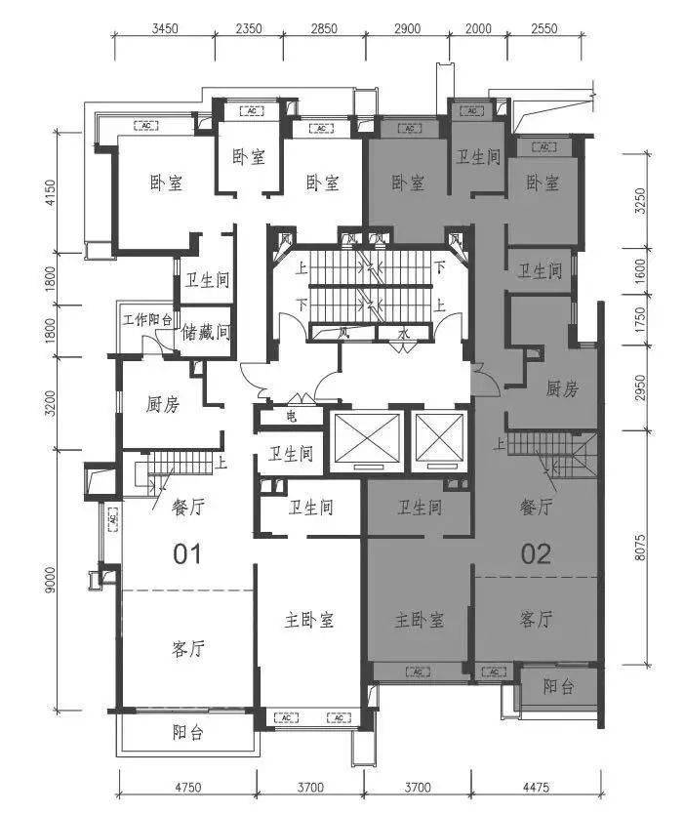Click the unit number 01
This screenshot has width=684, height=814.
point(186,554)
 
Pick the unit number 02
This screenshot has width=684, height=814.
point(536,554)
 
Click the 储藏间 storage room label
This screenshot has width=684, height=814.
point(206,332)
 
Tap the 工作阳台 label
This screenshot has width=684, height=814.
point(146,319)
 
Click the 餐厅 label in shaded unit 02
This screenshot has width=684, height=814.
point(536,507)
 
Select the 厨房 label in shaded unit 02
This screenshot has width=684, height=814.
point(561,389)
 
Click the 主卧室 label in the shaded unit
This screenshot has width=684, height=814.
point(420,620)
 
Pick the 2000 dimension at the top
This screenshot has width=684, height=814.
point(478,28)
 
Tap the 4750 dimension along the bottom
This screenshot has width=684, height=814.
point(186,787)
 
